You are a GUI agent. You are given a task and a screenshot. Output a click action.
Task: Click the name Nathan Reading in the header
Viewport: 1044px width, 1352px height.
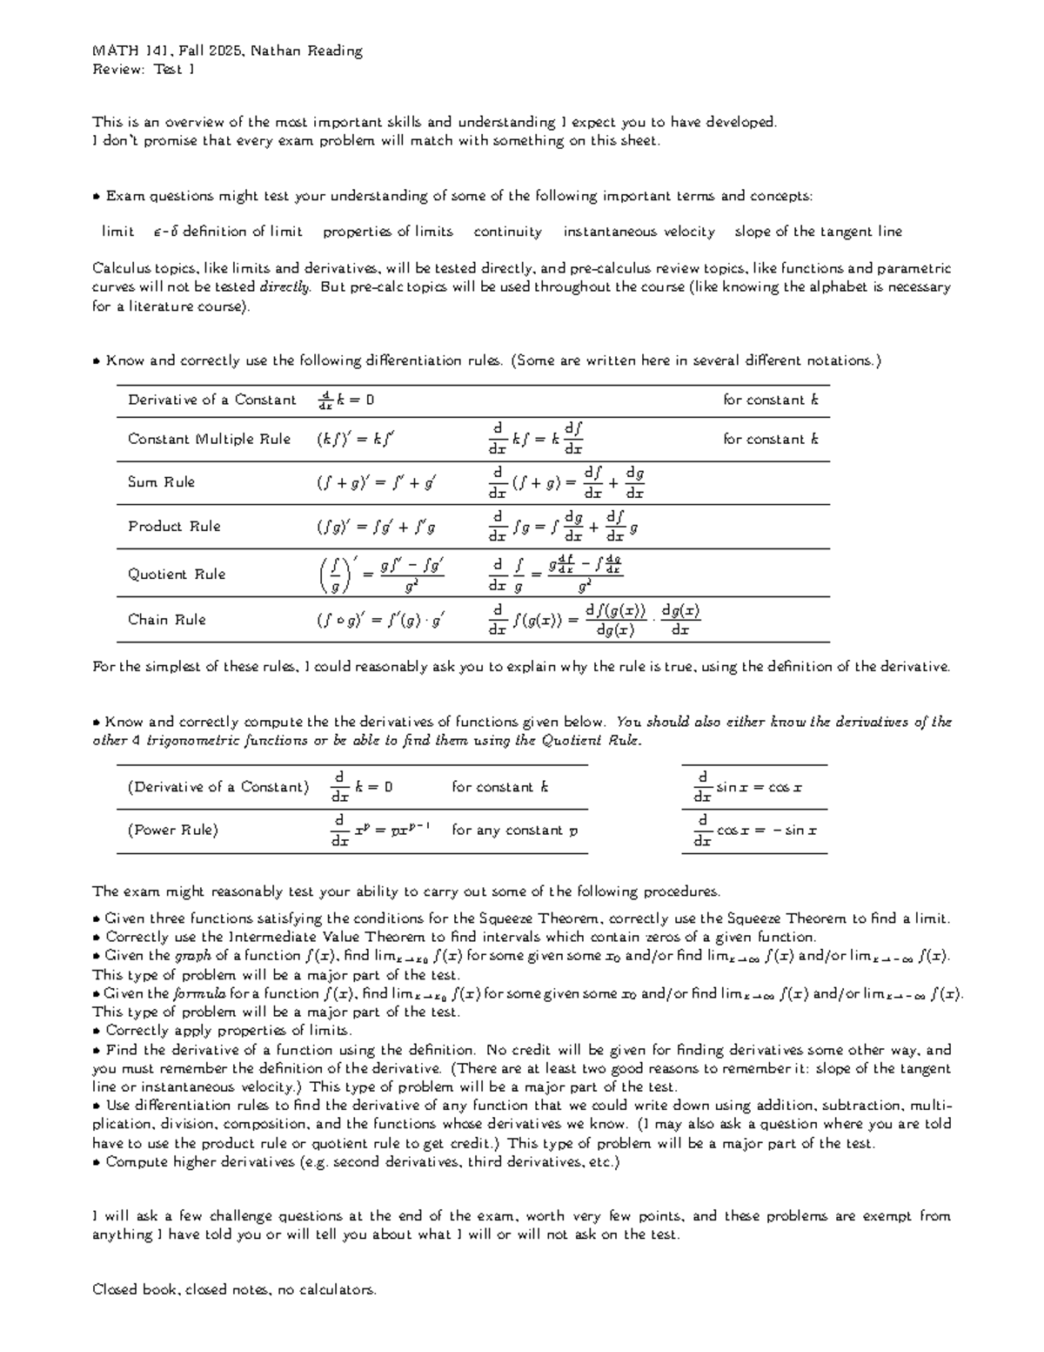coord(306,50)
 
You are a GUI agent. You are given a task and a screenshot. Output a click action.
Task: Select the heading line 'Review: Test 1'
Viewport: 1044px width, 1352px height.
coord(143,70)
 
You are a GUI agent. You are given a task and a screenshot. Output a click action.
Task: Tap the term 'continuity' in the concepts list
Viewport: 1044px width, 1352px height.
coord(507,232)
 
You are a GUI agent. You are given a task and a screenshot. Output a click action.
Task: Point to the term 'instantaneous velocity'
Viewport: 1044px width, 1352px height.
coord(639,232)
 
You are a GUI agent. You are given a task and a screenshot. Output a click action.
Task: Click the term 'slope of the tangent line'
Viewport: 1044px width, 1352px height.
coord(818,232)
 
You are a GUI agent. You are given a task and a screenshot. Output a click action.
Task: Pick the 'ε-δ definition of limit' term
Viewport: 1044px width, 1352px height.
coord(227,232)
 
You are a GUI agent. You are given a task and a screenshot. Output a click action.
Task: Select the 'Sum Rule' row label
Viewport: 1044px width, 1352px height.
coord(161,482)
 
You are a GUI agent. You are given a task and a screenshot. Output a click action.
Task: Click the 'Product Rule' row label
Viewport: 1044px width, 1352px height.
coord(174,527)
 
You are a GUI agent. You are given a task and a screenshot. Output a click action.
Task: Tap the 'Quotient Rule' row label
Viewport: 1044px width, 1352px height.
coord(177,575)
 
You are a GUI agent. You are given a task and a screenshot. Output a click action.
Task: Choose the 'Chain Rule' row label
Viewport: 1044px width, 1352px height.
coord(167,620)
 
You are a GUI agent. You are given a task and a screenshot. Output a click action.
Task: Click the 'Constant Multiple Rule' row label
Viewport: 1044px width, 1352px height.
coord(209,440)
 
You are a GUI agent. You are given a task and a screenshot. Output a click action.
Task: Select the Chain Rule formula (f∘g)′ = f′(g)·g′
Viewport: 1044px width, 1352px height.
coord(381,621)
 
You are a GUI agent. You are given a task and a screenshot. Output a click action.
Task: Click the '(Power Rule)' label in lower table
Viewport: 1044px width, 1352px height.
coord(172,831)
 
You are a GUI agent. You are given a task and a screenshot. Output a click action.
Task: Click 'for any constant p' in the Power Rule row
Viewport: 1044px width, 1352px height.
coord(514,831)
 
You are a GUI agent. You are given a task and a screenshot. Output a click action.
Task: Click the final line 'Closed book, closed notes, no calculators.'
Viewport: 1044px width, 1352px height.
coord(234,1290)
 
